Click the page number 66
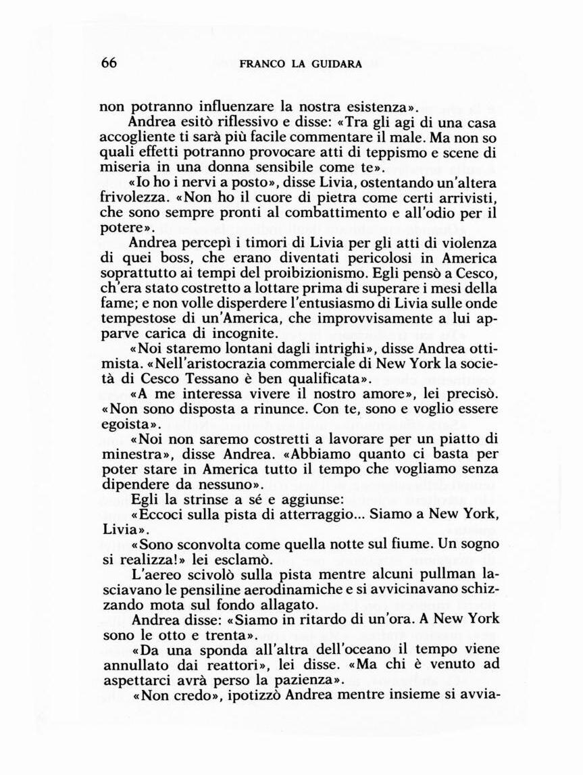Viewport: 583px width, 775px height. pos(109,63)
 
